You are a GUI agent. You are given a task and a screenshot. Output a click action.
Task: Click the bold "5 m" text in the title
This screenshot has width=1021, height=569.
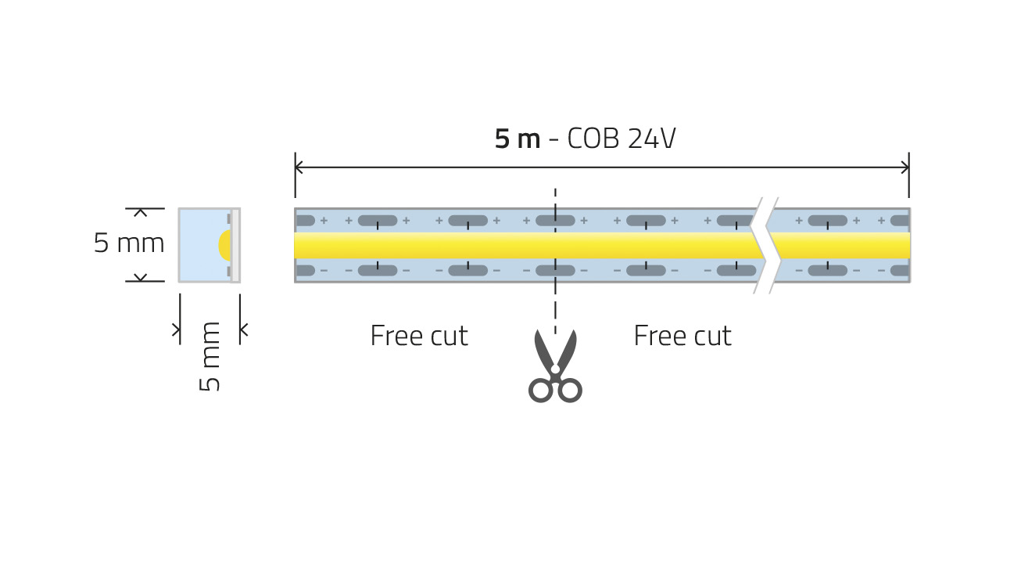pos(517,139)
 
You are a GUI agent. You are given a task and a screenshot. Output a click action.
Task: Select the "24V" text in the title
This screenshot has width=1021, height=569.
pos(652,139)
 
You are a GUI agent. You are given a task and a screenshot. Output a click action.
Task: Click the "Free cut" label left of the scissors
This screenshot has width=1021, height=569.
pos(419,336)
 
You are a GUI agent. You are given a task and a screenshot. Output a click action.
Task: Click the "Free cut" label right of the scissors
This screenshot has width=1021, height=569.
pos(682,336)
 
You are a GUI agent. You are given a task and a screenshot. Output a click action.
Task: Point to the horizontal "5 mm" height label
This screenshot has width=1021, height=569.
pos(129,243)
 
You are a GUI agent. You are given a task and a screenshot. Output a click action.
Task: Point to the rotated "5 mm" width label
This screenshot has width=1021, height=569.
pos(210,356)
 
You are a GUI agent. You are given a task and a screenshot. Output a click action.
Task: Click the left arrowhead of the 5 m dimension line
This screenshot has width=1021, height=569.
pos(298,167)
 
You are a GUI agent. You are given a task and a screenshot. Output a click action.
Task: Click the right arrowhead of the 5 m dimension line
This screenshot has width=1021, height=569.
pos(905,167)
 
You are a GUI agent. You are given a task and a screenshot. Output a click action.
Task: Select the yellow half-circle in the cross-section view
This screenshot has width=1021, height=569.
pos(224,245)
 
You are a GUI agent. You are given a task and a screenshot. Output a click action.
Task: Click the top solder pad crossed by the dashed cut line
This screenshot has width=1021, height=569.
pos(555,221)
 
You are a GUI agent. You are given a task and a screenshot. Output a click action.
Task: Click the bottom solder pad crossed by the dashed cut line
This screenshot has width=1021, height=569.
pos(555,271)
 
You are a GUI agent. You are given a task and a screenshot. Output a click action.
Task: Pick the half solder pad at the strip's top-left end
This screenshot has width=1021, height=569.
pos(305,221)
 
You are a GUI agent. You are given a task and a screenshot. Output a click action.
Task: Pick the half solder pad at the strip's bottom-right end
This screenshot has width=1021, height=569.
pos(900,271)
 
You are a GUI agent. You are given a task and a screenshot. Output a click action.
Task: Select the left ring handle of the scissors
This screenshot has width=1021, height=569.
pos(541,390)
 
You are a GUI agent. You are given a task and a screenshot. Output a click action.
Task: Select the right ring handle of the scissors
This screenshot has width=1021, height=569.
pos(570,390)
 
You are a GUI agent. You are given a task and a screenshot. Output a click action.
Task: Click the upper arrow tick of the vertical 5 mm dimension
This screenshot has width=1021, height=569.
pos(141,212)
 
